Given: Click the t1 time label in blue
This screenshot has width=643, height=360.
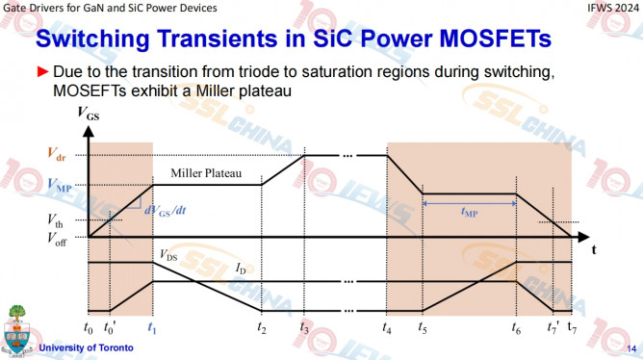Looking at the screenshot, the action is point(152,328).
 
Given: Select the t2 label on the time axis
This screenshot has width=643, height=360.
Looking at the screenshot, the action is point(262,327).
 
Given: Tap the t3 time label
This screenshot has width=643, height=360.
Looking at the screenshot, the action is point(304,327).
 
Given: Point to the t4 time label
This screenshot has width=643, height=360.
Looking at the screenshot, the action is point(387,327).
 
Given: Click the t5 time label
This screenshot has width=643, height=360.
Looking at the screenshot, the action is point(423,327).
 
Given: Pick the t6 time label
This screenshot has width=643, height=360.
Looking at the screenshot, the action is point(516,327).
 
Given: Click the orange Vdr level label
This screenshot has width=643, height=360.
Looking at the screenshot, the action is point(56,154).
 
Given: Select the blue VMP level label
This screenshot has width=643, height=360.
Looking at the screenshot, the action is point(60,185).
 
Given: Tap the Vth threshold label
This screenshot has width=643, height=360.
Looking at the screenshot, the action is point(55,220).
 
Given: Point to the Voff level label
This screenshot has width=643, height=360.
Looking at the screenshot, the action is point(57,239).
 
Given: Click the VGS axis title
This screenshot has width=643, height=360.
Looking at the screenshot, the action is point(89,114).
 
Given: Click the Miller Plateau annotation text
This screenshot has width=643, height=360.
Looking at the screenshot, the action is point(206,173).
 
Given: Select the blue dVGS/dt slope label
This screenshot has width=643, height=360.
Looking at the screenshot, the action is point(165,211).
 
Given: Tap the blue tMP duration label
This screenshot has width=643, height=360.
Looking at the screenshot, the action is point(469,212).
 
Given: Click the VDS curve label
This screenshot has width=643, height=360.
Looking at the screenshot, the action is point(168,255).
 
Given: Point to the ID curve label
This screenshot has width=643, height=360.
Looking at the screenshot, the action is point(241,269).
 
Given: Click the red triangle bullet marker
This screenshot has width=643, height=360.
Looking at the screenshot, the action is point(42,72).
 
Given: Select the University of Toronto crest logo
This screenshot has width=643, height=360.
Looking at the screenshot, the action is point(16,329).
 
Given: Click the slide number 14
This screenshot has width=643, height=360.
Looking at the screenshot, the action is point(631,348).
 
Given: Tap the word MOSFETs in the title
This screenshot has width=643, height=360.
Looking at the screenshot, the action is point(496,39).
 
